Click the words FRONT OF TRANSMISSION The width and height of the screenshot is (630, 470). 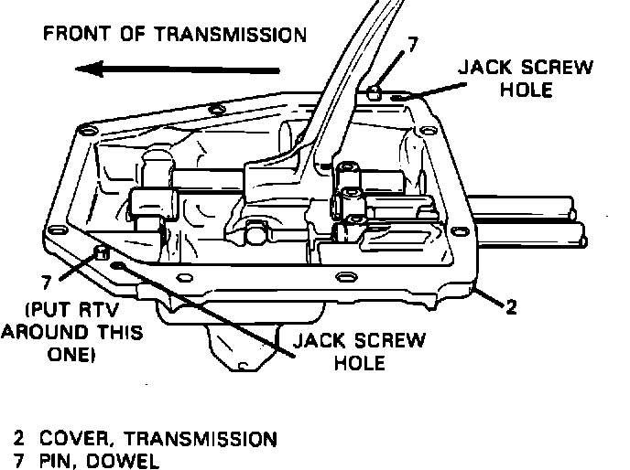175,36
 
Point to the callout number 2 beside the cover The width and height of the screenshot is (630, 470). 512,307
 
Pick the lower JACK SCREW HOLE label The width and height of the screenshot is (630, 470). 358,352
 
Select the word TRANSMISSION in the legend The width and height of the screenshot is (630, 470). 201,438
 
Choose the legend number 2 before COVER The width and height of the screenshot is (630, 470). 18,438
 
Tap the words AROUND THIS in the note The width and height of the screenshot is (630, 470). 71,331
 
